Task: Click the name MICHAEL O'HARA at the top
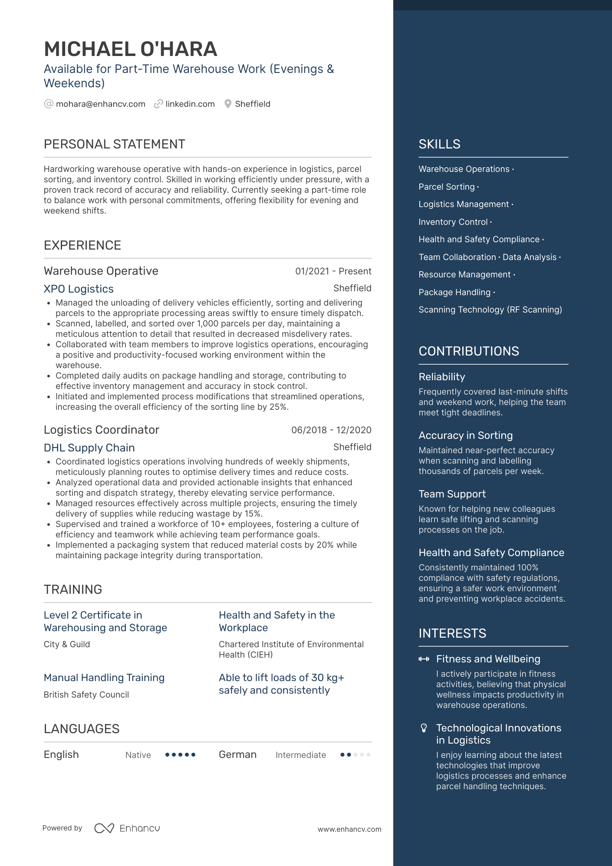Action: tap(130, 49)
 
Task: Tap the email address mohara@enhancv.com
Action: tap(100, 104)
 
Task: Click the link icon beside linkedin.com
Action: tap(158, 104)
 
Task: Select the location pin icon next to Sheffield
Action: tap(228, 104)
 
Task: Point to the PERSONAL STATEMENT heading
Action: tap(114, 144)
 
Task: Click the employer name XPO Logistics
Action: tap(79, 289)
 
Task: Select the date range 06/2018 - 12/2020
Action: tap(331, 430)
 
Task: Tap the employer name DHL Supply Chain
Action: tap(89, 448)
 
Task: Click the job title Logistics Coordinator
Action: tap(102, 430)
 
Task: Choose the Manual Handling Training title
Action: tap(104, 678)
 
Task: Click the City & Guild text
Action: tap(67, 645)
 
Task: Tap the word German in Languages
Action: tap(237, 755)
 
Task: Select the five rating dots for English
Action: tap(181, 755)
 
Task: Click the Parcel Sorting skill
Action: tap(447, 187)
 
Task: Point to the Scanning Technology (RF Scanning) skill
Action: tap(490, 310)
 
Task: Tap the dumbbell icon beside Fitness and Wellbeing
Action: tap(424, 659)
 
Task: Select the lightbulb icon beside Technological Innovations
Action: tap(424, 728)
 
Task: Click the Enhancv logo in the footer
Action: tap(127, 829)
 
